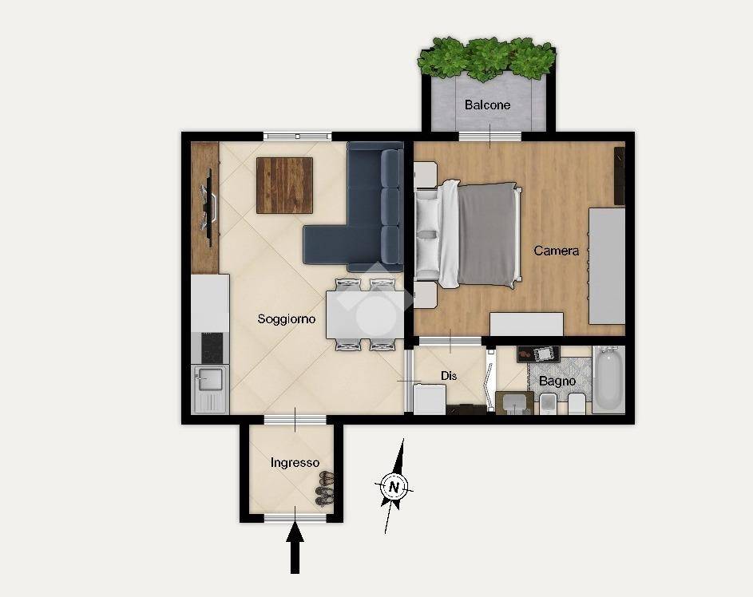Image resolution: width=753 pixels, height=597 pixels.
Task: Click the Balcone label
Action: tap(487, 105)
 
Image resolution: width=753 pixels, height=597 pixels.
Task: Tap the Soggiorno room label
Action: tap(286, 319)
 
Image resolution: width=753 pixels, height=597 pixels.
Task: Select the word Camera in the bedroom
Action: tap(556, 251)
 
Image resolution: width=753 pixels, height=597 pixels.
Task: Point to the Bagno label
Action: tap(557, 381)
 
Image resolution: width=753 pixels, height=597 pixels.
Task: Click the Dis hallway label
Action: tap(449, 376)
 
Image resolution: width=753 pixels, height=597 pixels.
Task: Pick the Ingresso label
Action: tap(295, 463)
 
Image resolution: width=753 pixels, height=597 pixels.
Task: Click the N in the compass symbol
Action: tap(394, 488)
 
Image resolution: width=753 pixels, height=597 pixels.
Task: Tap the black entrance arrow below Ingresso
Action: tap(295, 548)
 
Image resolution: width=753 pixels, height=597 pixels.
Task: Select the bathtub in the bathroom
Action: tap(608, 380)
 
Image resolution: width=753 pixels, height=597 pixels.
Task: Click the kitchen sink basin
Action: tap(208, 380)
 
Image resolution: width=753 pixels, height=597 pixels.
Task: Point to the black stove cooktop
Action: tap(212, 347)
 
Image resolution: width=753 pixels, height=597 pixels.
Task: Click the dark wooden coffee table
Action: tap(284, 185)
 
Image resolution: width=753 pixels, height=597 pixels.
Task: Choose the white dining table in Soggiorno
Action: tap(365, 315)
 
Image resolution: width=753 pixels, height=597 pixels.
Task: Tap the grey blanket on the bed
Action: tap(486, 233)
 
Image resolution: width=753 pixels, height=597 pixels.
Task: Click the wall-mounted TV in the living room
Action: tap(210, 208)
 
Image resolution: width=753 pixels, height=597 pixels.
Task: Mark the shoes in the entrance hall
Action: tap(325, 488)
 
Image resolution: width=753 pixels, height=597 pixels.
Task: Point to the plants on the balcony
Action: tap(487, 58)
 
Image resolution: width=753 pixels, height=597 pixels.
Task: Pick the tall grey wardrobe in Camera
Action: tap(607, 266)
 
